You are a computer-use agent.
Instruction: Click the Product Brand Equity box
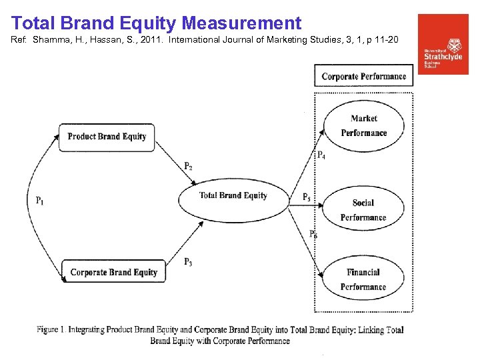click(107, 137)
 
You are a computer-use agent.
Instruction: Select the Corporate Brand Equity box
click(113, 272)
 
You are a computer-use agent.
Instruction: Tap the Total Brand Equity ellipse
click(233, 196)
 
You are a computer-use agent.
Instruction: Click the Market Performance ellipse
click(363, 125)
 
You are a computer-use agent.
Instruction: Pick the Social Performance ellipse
click(363, 209)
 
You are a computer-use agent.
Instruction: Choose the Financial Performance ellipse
click(363, 279)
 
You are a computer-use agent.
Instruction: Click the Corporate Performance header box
click(363, 76)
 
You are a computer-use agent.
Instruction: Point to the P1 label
click(40, 200)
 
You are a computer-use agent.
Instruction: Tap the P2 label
click(189, 166)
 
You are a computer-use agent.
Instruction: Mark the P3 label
click(189, 261)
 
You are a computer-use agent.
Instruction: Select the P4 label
click(321, 155)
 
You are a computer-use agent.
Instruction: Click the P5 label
click(306, 197)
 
